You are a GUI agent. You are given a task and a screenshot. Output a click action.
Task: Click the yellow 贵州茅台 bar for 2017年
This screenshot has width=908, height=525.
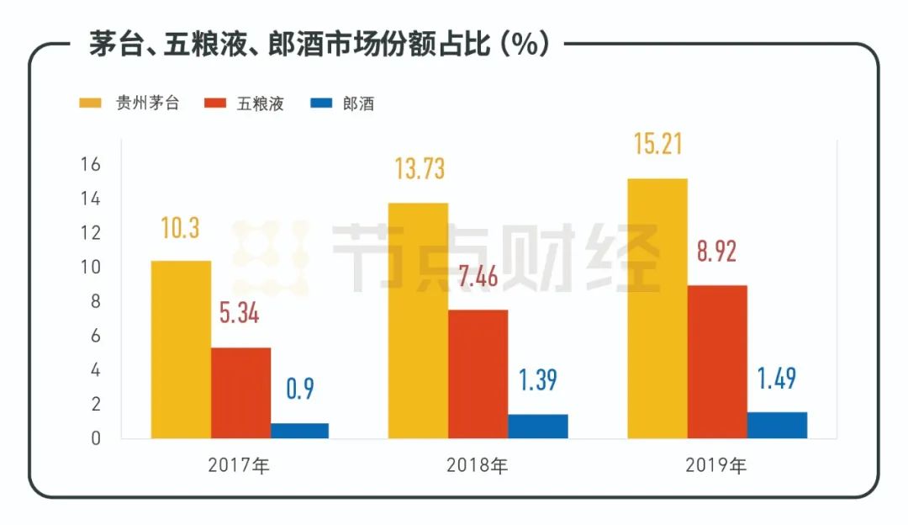point(181,349)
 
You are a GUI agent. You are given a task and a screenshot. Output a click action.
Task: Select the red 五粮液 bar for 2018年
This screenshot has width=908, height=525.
point(478,374)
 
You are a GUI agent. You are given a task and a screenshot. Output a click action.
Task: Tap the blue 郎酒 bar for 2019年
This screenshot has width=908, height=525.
point(777,425)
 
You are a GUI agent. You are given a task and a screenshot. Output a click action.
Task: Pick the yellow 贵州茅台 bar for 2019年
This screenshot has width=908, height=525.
point(657,308)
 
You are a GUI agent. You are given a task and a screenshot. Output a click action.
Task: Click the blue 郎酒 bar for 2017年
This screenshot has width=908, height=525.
point(299,430)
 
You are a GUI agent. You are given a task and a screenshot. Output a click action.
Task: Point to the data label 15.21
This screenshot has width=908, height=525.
point(657,142)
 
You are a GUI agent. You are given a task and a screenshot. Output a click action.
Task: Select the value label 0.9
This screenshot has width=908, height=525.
point(299,390)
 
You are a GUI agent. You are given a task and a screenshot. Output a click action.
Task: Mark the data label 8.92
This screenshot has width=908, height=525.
point(718,251)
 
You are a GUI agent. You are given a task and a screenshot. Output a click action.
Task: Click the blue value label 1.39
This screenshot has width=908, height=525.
point(537,379)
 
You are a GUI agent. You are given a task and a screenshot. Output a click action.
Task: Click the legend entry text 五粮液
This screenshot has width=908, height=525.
point(260,104)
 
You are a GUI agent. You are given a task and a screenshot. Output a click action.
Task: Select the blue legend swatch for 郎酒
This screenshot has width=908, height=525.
point(322,103)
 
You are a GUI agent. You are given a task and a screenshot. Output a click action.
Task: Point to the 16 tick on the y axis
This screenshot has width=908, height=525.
point(91,164)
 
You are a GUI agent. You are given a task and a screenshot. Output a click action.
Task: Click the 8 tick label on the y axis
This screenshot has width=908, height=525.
point(95,301)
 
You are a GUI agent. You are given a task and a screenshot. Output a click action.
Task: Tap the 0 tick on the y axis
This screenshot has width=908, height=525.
point(95,438)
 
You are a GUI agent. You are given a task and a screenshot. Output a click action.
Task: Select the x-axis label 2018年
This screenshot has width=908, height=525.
point(477,464)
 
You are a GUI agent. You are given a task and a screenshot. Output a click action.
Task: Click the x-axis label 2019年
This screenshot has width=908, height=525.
point(716,464)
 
